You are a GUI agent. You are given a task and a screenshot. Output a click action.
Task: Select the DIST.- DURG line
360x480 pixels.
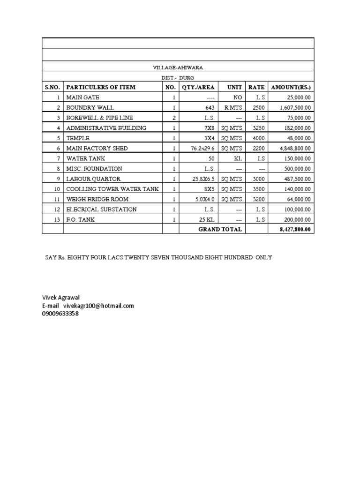[x=178, y=78]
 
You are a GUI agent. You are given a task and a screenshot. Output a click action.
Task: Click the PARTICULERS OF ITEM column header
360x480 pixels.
[x=101, y=87]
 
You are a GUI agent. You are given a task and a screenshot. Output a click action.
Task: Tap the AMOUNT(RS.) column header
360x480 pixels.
[x=291, y=87]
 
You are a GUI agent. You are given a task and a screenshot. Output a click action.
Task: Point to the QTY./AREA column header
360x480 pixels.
[x=198, y=87]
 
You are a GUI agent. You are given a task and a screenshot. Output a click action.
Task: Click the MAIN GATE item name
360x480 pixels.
[x=83, y=97]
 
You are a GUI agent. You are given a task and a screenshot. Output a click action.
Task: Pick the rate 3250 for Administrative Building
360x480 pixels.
[x=256, y=128]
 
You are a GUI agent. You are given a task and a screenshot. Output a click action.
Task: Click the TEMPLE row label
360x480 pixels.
[x=77, y=138]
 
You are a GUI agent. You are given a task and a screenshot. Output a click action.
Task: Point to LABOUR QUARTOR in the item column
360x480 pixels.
[x=93, y=179]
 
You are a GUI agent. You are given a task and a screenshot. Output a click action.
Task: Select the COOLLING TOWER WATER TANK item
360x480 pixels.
[x=112, y=189]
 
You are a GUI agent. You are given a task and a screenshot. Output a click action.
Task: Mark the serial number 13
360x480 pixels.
[x=58, y=219]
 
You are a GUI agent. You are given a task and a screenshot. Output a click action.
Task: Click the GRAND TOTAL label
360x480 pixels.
[x=220, y=229]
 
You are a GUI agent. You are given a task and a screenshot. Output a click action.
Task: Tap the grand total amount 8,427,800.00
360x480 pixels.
[x=294, y=230]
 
